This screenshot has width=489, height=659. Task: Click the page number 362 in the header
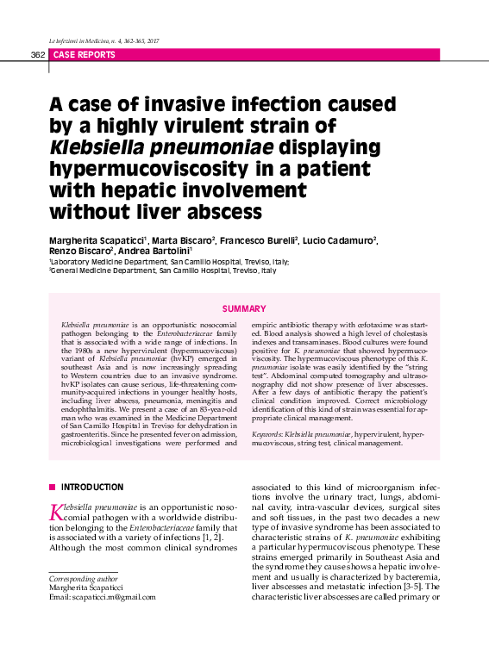(37, 54)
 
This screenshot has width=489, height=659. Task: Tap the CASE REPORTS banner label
(84, 54)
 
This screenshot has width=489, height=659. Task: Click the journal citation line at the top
(105, 40)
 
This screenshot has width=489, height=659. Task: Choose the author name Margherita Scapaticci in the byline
(97, 239)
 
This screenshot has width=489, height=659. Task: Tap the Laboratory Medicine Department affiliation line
(169, 261)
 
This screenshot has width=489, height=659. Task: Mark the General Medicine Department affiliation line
(163, 270)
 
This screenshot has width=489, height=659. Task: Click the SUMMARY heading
(244, 308)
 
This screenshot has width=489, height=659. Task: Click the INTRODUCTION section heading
(91, 487)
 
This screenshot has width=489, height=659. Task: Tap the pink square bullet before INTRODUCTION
(53, 487)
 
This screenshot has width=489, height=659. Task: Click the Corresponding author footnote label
(83, 578)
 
